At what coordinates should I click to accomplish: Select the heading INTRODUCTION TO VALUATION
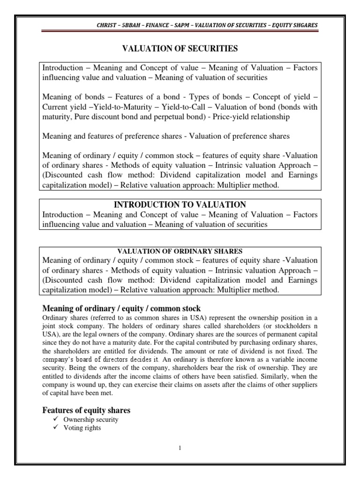(x=180, y=204)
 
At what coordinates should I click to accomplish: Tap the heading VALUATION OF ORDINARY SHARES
(x=180, y=251)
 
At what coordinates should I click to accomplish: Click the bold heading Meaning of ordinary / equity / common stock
(x=121, y=308)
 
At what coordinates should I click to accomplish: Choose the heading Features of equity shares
(x=86, y=410)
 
